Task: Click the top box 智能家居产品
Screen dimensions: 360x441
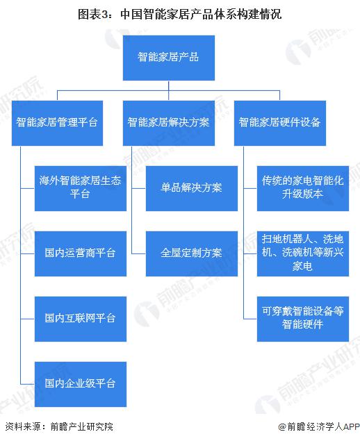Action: coord(169,58)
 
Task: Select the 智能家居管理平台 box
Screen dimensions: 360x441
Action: coord(57,123)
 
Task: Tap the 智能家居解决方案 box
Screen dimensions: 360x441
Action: coord(169,123)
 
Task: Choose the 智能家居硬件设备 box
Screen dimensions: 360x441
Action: coord(280,123)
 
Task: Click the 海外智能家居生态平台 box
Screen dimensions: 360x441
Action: coord(81,188)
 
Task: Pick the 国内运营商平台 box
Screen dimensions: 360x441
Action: coord(81,253)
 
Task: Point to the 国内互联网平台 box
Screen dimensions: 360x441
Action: coord(81,319)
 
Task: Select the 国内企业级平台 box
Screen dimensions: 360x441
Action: coord(81,384)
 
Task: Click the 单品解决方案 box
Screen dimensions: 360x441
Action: coord(192,188)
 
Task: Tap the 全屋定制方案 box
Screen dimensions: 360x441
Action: coord(192,253)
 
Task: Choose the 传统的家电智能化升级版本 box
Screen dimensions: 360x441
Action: coord(303,188)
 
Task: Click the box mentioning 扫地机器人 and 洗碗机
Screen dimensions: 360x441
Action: coord(303,253)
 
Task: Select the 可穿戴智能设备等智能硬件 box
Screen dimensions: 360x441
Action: coord(303,319)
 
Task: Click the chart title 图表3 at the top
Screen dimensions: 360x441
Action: coord(179,15)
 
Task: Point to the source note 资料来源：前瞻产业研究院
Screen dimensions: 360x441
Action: coord(59,426)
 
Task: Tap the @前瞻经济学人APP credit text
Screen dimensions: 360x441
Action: coord(319,426)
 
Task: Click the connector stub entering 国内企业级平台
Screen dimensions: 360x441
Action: coord(28,384)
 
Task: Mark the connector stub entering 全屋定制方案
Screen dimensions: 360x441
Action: coord(139,253)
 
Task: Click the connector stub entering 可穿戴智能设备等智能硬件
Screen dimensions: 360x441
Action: coord(250,319)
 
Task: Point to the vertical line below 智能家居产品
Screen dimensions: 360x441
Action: coord(169,90)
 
